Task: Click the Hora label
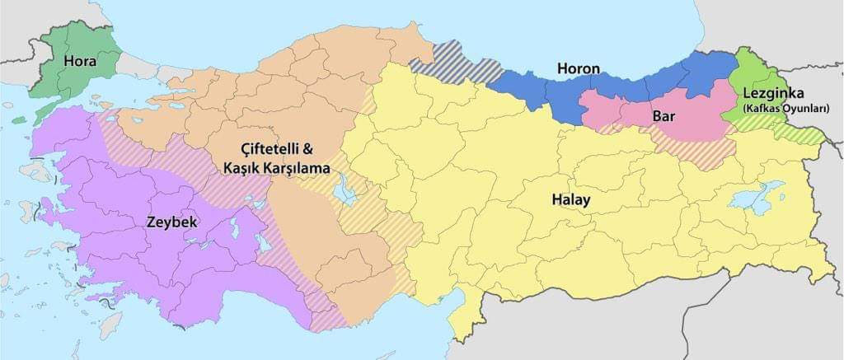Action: click(x=81, y=62)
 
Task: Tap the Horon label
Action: click(x=578, y=68)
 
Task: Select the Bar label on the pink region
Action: click(x=663, y=116)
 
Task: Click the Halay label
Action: click(x=570, y=200)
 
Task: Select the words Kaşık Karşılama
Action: click(x=276, y=167)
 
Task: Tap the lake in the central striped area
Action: click(x=345, y=190)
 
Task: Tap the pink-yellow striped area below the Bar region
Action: click(x=701, y=148)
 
